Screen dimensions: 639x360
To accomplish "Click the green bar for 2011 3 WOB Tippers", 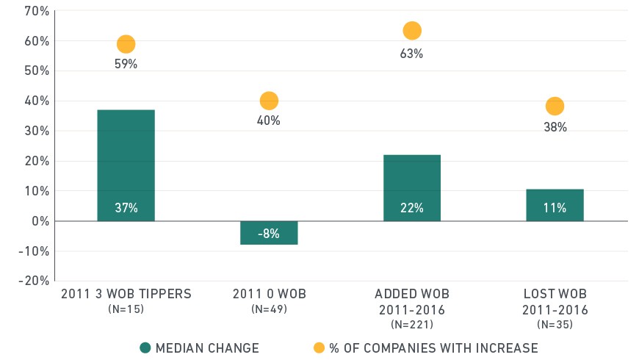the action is pyautogui.click(x=126, y=165).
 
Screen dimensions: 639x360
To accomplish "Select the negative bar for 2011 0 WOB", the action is pyautogui.click(x=269, y=233).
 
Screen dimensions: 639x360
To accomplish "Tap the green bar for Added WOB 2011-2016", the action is pyautogui.click(x=412, y=188).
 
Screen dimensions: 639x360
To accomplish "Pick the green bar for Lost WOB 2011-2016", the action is pyautogui.click(x=555, y=205).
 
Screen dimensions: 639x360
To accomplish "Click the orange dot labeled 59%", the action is pyautogui.click(x=126, y=44).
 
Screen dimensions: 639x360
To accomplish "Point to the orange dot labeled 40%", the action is pyautogui.click(x=269, y=101).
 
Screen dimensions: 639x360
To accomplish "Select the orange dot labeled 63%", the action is pyautogui.click(x=412, y=31).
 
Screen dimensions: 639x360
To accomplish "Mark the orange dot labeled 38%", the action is pyautogui.click(x=555, y=107).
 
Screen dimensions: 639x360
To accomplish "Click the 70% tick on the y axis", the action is pyautogui.click(x=37, y=11).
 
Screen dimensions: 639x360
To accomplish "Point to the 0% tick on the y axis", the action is pyautogui.click(x=40, y=221).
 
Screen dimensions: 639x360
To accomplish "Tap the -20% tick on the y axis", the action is pyautogui.click(x=34, y=281).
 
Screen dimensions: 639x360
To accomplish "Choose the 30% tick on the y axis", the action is pyautogui.click(x=37, y=131).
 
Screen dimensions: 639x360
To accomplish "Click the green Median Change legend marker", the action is pyautogui.click(x=145, y=348).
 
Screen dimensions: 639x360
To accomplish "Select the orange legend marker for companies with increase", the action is pyautogui.click(x=319, y=348).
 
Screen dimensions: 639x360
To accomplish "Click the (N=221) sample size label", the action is pyautogui.click(x=412, y=325).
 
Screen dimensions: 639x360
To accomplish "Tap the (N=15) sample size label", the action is pyautogui.click(x=126, y=309).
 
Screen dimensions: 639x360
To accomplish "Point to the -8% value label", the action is pyautogui.click(x=269, y=234).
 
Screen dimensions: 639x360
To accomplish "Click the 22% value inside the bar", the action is pyautogui.click(x=412, y=208).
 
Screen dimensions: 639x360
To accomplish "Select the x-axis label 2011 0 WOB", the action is pyautogui.click(x=270, y=294).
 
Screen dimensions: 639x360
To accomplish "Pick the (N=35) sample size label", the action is pyautogui.click(x=555, y=325).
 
